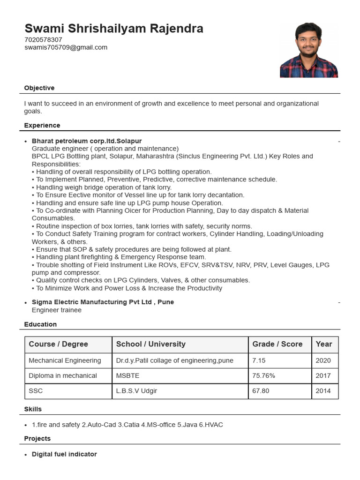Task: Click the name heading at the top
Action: click(114, 29)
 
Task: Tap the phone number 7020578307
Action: click(43, 40)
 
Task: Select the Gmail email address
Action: click(66, 47)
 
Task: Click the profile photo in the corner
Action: click(308, 50)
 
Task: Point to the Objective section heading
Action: click(39, 88)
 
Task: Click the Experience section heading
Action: click(42, 126)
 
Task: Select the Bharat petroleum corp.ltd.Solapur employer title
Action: click(87, 141)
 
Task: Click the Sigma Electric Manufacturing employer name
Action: click(103, 302)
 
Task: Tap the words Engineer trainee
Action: click(56, 310)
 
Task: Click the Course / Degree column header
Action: click(59, 344)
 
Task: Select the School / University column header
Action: click(150, 344)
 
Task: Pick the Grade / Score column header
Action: click(277, 344)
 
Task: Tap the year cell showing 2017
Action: click(323, 375)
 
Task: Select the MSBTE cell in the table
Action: click(127, 375)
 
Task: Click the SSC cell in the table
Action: click(36, 390)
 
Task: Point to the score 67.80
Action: click(261, 390)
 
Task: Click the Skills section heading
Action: click(33, 409)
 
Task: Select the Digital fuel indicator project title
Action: click(64, 454)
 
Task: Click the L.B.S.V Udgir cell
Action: click(138, 390)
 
